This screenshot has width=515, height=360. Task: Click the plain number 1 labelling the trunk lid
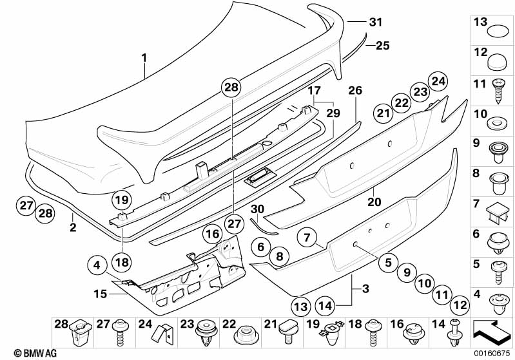[144, 57]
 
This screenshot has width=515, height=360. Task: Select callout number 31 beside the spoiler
[375, 22]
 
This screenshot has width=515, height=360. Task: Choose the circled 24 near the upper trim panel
[439, 81]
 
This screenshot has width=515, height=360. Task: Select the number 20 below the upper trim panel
[374, 200]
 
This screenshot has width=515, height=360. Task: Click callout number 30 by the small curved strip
[257, 209]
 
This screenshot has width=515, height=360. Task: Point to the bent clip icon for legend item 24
[161, 334]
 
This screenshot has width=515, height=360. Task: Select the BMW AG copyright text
[23, 353]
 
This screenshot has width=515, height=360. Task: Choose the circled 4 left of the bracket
[95, 264]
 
